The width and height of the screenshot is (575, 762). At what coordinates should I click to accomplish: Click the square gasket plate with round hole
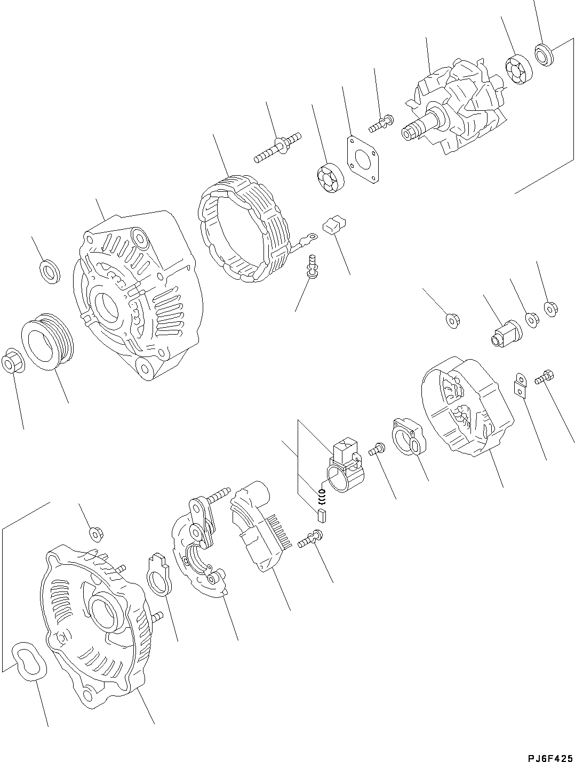tap(363, 159)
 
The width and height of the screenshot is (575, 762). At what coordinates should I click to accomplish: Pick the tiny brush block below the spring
tap(321, 515)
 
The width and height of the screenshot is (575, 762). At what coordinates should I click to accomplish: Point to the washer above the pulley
tap(51, 272)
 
